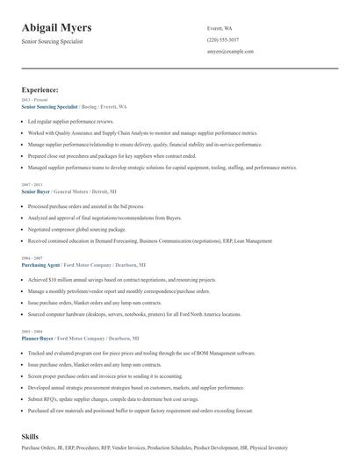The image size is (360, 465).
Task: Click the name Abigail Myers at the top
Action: point(57,27)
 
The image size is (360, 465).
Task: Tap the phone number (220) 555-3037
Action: point(222,39)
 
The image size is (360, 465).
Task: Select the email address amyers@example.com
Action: point(230,52)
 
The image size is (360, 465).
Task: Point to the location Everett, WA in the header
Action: point(220,28)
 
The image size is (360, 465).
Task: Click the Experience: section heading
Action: point(40,89)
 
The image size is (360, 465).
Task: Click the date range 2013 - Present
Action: point(34,100)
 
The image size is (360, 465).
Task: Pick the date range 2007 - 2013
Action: point(32,184)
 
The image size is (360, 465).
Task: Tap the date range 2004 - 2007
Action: point(32,257)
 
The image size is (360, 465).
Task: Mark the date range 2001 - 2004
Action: point(32,331)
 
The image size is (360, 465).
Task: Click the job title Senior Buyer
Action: point(36,190)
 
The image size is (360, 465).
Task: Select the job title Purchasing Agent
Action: point(40,264)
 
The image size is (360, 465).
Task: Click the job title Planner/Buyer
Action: point(39,338)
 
